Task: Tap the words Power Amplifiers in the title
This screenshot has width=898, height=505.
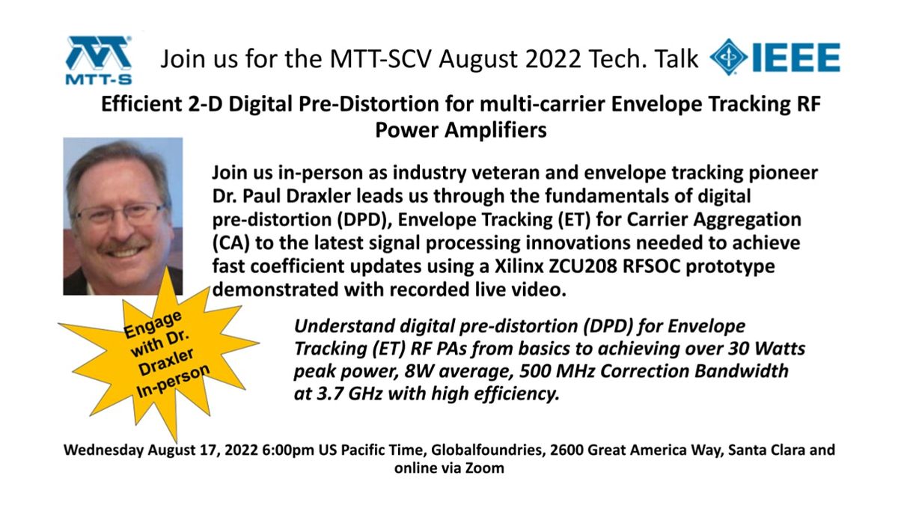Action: point(460,129)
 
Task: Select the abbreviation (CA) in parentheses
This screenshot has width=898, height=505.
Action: point(230,245)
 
